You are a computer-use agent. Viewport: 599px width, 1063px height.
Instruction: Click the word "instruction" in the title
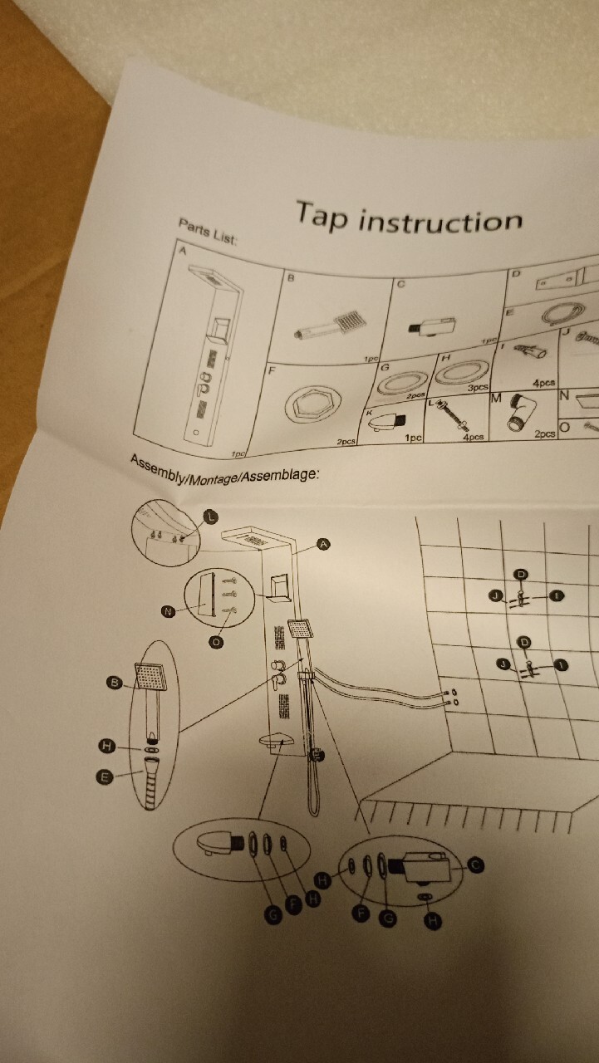click(x=440, y=222)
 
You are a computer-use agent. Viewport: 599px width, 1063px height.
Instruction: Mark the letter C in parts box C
click(x=400, y=285)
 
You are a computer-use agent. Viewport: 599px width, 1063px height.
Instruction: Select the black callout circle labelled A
click(x=324, y=544)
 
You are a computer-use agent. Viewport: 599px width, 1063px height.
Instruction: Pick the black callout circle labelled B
click(x=115, y=683)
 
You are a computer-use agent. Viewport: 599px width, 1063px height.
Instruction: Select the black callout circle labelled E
click(x=105, y=777)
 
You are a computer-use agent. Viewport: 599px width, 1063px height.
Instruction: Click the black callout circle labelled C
click(x=475, y=865)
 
